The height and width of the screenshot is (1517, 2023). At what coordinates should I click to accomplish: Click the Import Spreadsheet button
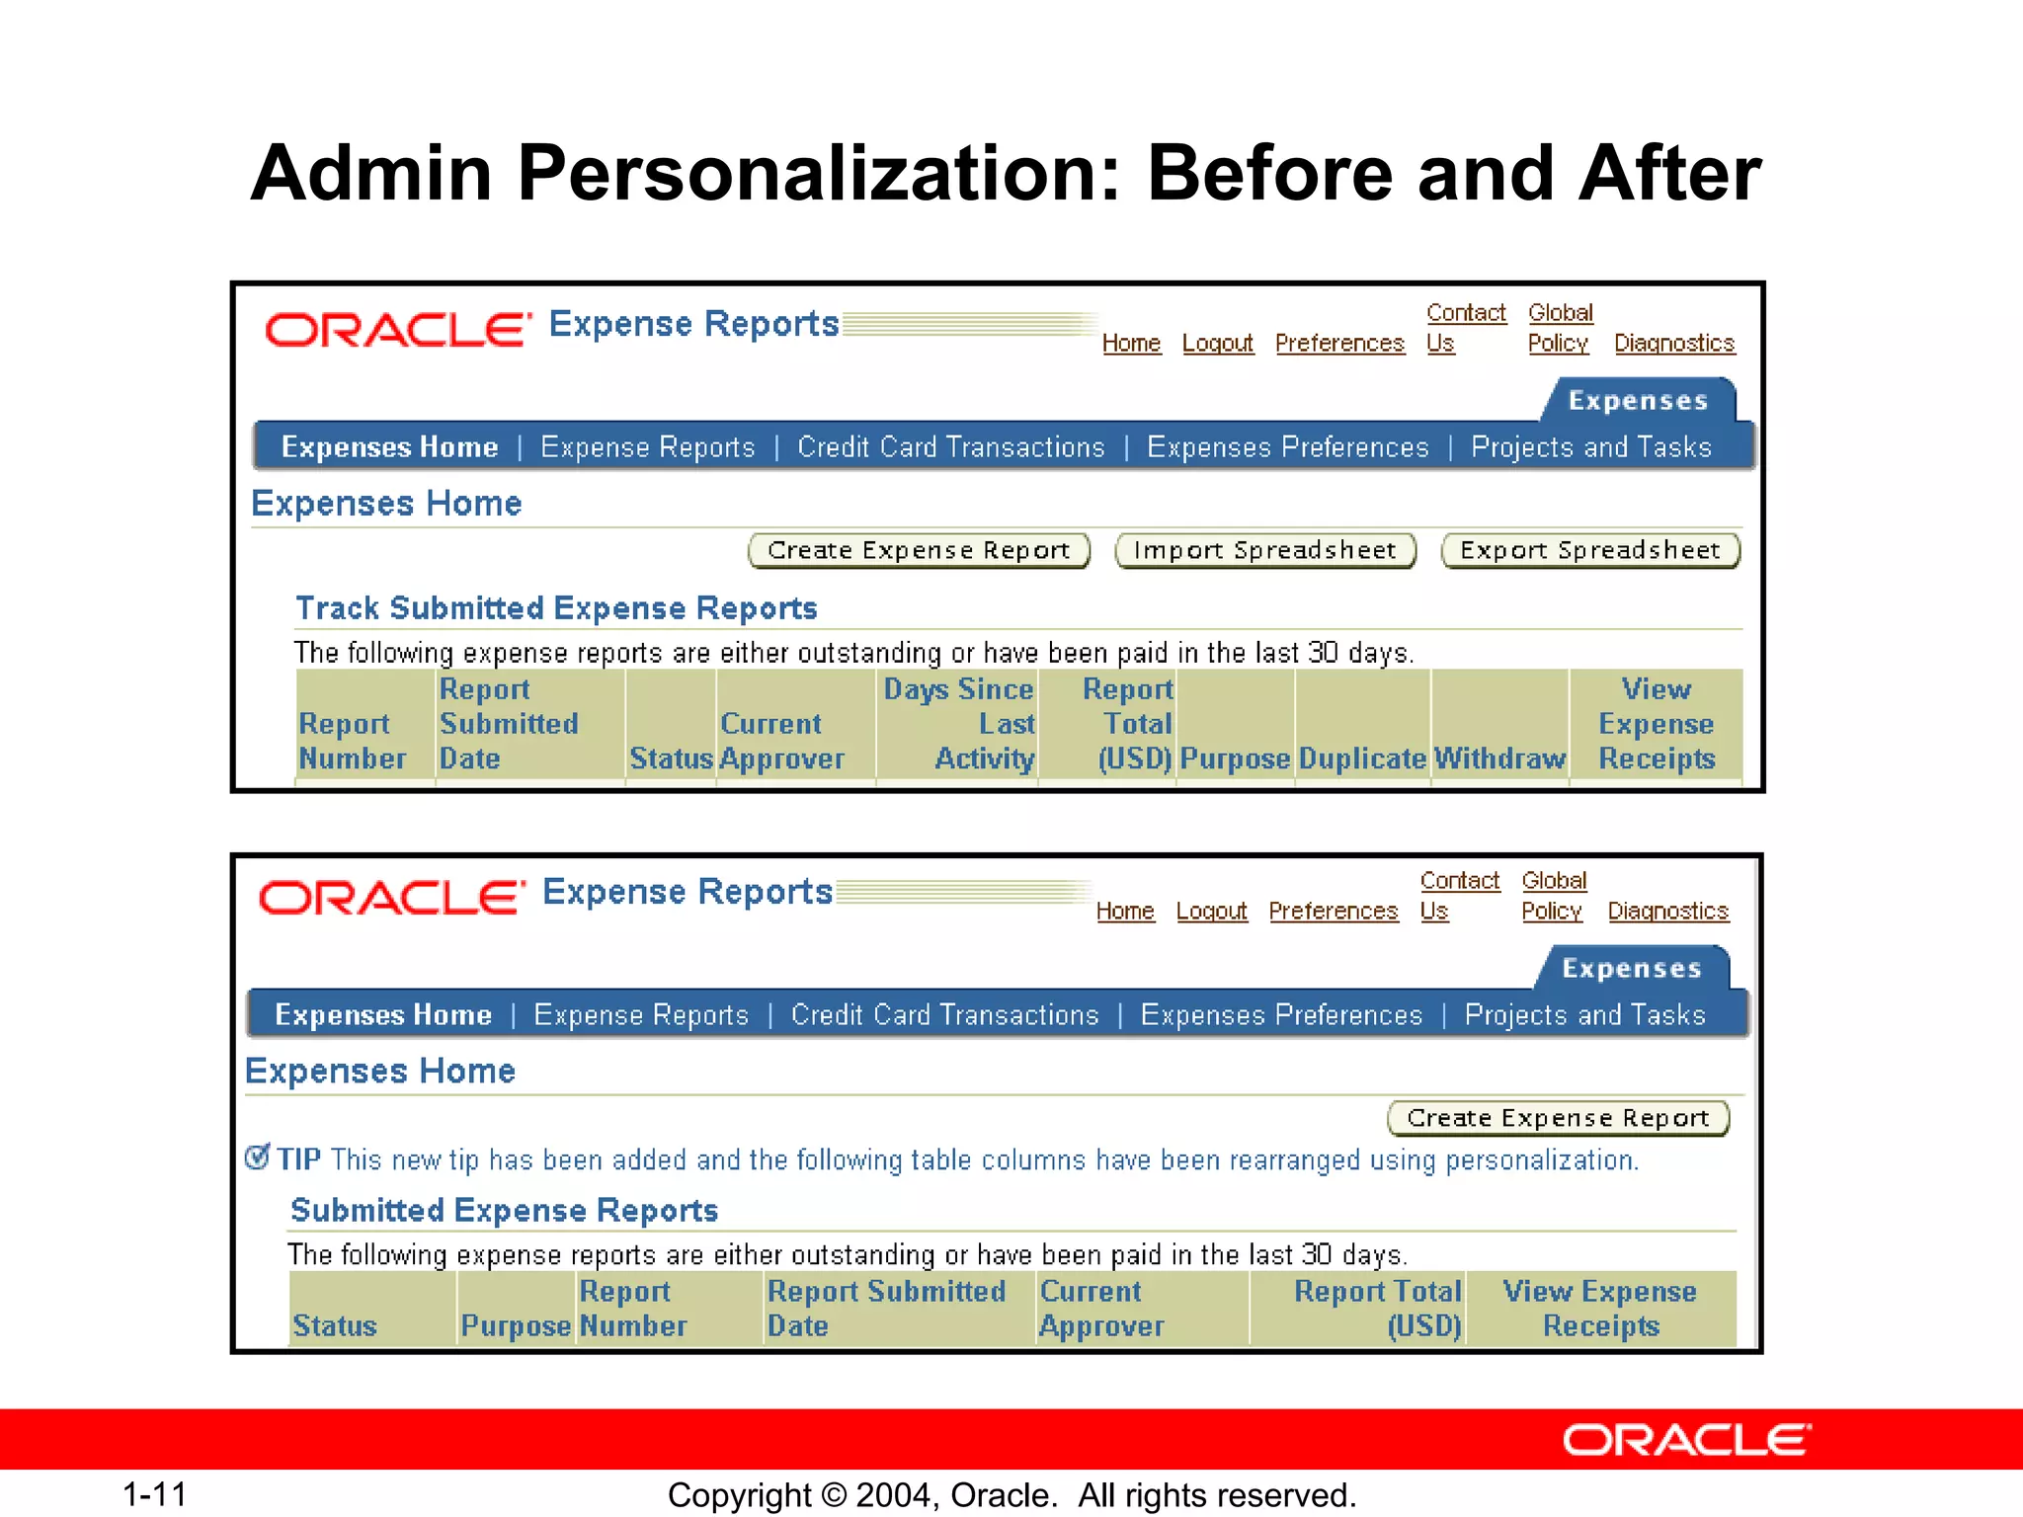(x=1264, y=550)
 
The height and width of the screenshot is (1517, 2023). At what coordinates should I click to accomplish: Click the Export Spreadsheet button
(x=1589, y=550)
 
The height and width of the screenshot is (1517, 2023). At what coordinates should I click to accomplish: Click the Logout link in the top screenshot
(x=1217, y=343)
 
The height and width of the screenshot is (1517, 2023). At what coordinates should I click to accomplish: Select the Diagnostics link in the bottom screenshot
(x=1667, y=911)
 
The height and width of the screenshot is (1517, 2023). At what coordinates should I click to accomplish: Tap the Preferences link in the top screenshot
(x=1338, y=343)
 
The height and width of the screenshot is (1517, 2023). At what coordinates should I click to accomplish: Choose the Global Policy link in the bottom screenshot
(x=1553, y=895)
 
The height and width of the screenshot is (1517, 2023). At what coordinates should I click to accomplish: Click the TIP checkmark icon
(x=257, y=1157)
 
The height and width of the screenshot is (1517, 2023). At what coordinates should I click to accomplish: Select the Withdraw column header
(x=1498, y=758)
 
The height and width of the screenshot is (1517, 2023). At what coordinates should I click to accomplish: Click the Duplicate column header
(x=1362, y=758)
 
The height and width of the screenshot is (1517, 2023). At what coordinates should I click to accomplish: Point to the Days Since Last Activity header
(x=958, y=724)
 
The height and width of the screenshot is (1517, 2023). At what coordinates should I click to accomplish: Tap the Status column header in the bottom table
(x=335, y=1325)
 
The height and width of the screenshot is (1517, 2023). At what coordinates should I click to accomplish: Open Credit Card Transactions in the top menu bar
(x=950, y=447)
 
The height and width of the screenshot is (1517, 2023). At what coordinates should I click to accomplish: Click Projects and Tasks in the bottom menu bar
(x=1584, y=1015)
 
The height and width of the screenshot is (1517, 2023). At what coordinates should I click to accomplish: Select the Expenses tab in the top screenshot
(x=1638, y=400)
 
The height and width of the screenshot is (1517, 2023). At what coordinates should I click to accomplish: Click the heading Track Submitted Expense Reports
(x=556, y=608)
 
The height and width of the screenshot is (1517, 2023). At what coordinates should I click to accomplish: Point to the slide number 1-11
(x=154, y=1494)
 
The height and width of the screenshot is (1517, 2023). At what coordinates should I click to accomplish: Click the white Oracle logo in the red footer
(x=1686, y=1440)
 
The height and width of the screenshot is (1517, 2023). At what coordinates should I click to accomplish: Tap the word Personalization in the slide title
(x=819, y=174)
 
